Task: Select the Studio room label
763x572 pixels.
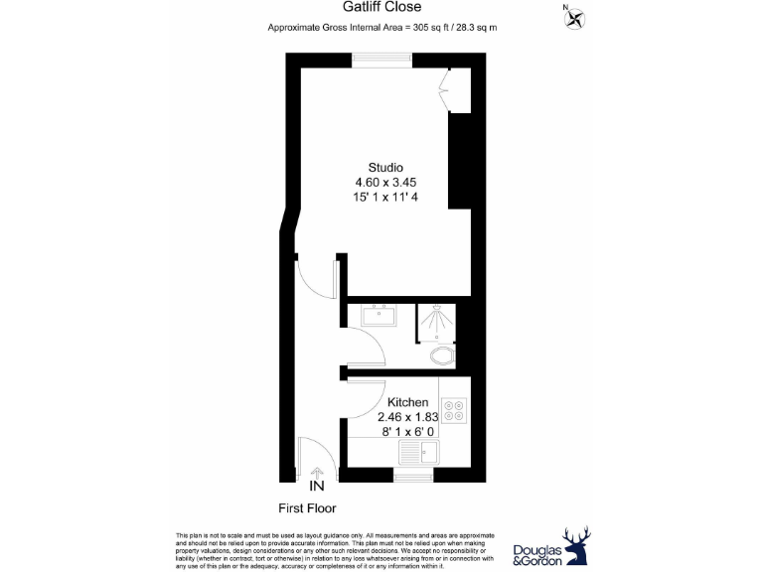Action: click(x=385, y=167)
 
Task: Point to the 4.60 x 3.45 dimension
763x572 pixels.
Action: click(x=385, y=183)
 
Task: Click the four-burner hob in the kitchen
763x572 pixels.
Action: click(x=455, y=410)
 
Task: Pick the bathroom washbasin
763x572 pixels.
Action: click(x=377, y=317)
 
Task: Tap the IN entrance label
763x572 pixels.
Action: click(x=317, y=488)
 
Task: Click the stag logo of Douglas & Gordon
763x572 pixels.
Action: click(x=577, y=545)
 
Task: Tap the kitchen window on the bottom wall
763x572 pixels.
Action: click(x=410, y=477)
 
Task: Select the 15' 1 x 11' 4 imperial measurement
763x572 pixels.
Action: click(x=385, y=198)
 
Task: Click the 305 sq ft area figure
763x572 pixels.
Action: click(x=429, y=28)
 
